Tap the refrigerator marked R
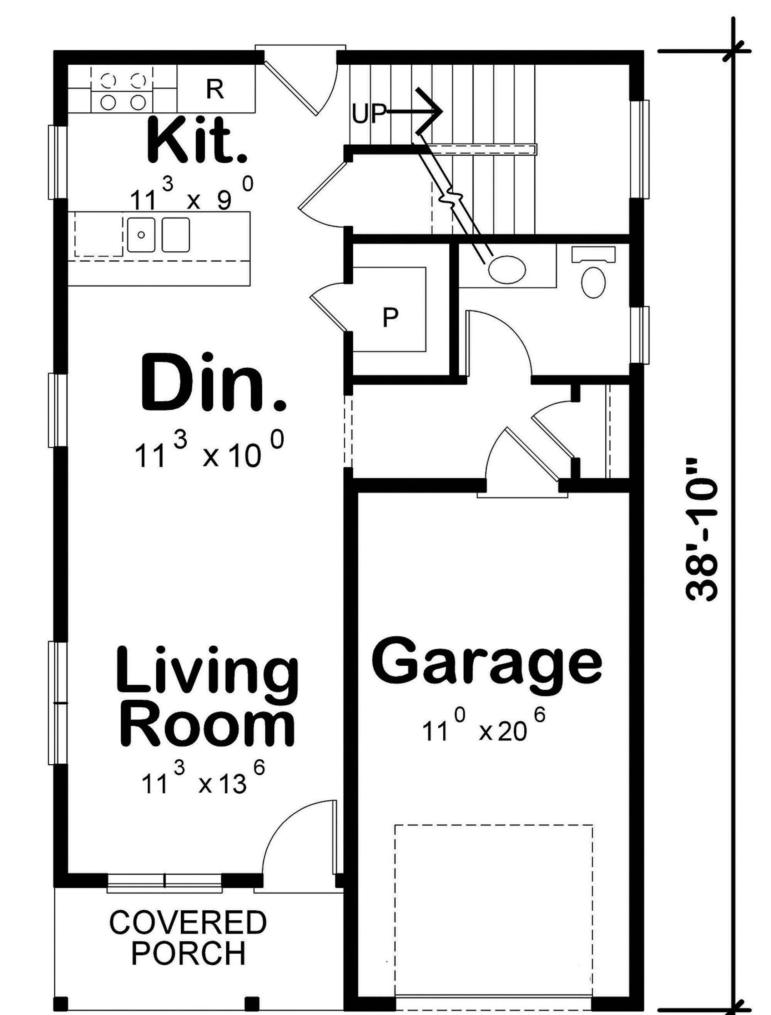[215, 90]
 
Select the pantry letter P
[390, 317]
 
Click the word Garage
[486, 661]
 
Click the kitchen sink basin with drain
[141, 235]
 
